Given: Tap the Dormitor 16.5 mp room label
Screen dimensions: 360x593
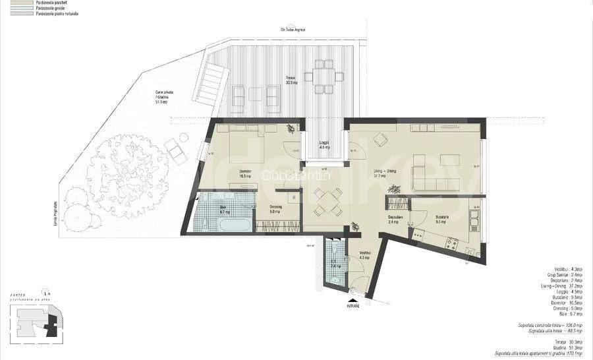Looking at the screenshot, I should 246,174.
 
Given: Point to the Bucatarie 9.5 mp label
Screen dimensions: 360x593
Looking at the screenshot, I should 441,220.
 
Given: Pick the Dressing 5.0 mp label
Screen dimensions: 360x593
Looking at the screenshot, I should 277,209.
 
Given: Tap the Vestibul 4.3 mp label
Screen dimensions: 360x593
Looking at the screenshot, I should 364,255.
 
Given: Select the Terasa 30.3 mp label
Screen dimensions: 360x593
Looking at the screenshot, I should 291,80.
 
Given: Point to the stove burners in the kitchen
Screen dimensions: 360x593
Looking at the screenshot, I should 453,244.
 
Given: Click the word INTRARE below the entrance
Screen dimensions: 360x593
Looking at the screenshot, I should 354,307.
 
